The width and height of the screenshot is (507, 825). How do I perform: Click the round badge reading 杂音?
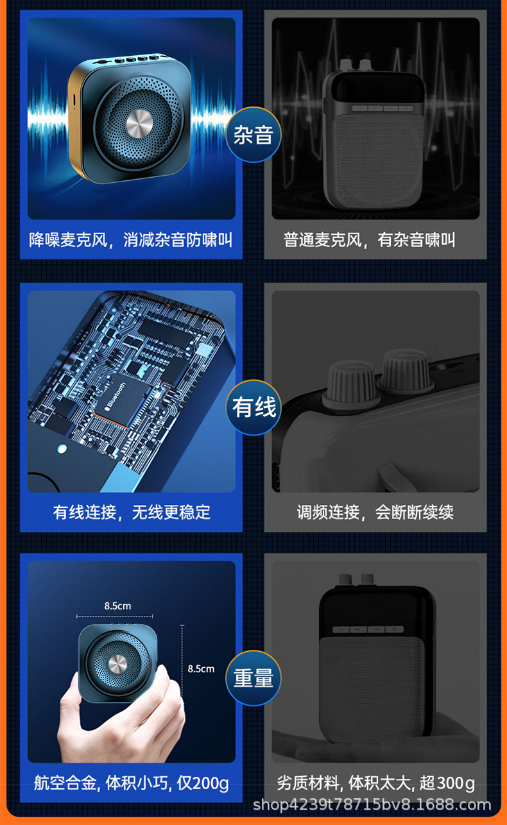click(x=253, y=135)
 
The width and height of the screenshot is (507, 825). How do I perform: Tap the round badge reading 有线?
click(x=253, y=407)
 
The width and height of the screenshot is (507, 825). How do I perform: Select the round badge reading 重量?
click(x=253, y=678)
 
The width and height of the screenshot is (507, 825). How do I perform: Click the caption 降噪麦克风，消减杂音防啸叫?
click(x=131, y=240)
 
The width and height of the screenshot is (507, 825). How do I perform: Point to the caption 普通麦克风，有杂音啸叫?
click(x=370, y=240)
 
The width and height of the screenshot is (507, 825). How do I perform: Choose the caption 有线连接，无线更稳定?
click(x=132, y=512)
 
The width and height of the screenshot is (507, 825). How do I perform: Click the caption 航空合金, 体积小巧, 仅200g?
click(x=132, y=783)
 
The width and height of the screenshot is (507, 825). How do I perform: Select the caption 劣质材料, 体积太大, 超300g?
click(x=375, y=783)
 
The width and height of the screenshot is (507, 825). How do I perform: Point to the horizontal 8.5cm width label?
click(x=117, y=606)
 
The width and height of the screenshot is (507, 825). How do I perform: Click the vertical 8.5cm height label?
click(x=201, y=668)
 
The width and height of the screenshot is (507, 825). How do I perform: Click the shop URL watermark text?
click(x=372, y=804)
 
